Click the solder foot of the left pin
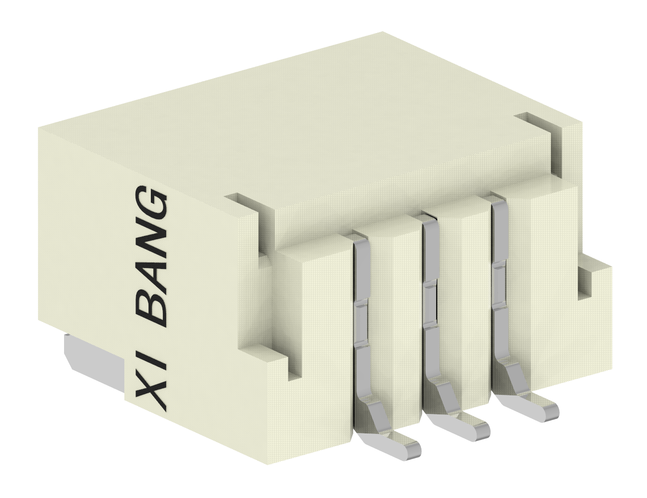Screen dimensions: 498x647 (395, 445)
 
